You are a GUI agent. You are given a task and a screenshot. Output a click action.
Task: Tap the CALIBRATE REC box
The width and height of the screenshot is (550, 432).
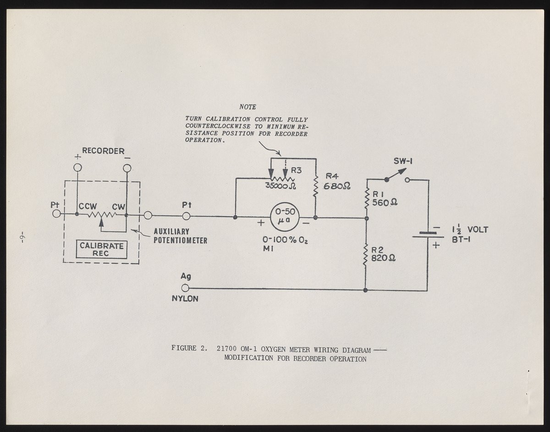click(102, 249)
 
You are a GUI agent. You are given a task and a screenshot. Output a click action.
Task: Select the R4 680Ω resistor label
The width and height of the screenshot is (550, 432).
click(337, 182)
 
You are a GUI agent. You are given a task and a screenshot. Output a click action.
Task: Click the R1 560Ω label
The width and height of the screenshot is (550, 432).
click(384, 199)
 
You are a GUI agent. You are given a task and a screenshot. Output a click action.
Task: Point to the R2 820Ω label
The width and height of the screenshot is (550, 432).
click(383, 254)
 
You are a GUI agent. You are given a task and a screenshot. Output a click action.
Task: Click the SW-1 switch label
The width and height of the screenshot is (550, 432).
click(404, 161)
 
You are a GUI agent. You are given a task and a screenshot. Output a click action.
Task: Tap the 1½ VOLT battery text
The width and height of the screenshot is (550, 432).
click(470, 230)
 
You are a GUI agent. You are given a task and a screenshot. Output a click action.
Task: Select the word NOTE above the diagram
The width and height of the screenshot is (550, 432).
click(248, 107)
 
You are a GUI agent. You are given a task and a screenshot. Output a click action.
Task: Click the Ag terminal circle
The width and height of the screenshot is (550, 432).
click(185, 288)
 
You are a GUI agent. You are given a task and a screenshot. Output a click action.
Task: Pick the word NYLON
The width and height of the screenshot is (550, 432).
click(185, 299)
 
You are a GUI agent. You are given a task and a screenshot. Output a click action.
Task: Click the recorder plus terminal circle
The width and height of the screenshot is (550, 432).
click(77, 168)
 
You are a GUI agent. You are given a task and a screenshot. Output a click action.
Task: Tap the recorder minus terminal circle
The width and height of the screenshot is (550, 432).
click(127, 168)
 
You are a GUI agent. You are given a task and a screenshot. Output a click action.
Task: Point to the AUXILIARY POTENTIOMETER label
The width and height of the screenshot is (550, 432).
click(180, 236)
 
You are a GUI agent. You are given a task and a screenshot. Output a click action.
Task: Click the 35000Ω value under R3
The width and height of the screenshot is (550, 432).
click(280, 186)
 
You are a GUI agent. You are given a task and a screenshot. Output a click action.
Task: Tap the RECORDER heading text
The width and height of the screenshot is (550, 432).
click(103, 150)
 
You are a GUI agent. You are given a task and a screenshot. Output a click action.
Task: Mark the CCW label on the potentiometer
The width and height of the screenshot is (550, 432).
click(87, 206)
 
